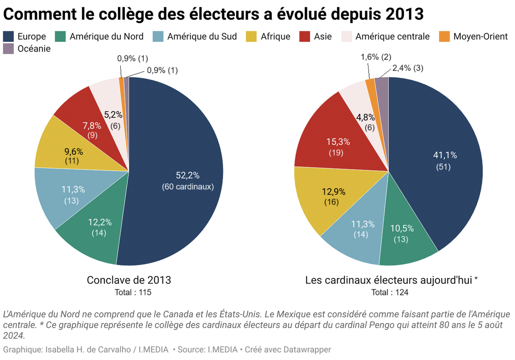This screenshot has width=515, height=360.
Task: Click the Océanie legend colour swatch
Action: pyautogui.click(x=8, y=48)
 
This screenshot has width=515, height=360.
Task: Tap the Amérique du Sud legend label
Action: pyautogui.click(x=202, y=36)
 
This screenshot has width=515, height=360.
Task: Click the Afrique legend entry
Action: pyautogui.click(x=275, y=36)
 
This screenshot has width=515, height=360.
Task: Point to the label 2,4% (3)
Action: pyautogui.click(x=408, y=68)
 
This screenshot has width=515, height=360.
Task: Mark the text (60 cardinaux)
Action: pyautogui.click(x=187, y=187)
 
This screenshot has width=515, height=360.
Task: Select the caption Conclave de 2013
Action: pyautogui.click(x=129, y=280)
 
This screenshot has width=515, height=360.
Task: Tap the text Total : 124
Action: pyautogui.click(x=390, y=292)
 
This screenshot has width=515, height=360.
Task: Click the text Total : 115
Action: pyautogui.click(x=132, y=292)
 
